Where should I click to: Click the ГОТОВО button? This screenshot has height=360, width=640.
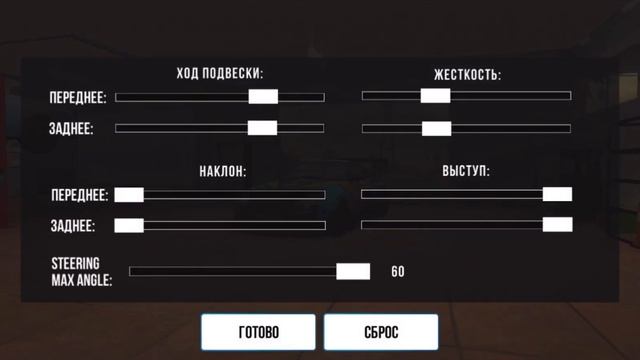pos(258,333)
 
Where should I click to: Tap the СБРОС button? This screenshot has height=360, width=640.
pos(381,333)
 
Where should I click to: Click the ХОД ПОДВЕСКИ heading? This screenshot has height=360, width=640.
pos(220,74)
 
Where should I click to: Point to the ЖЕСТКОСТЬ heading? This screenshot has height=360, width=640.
pos(467,75)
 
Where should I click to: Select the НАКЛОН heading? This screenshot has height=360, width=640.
pos(221,171)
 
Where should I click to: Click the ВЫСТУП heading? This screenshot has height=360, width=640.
pos(466,171)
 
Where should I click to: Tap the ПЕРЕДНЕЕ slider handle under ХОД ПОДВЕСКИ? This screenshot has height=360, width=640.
pos(263,97)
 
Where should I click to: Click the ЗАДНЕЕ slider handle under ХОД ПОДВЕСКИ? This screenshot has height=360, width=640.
pos(262,128)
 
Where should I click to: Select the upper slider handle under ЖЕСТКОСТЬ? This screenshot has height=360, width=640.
pos(435,96)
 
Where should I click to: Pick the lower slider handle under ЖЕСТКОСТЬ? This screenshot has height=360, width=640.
pos(436,128)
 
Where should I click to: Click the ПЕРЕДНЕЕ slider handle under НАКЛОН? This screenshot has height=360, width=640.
pos(129,195)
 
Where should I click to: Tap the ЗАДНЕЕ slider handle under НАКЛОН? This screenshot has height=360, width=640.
pos(129,225)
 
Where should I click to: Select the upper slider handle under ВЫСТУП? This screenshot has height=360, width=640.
pos(557,194)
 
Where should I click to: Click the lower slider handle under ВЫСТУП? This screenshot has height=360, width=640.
pos(557,224)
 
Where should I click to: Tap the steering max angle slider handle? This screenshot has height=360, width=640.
pos(352,271)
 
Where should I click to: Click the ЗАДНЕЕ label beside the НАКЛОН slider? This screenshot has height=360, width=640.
pos(73,226)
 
